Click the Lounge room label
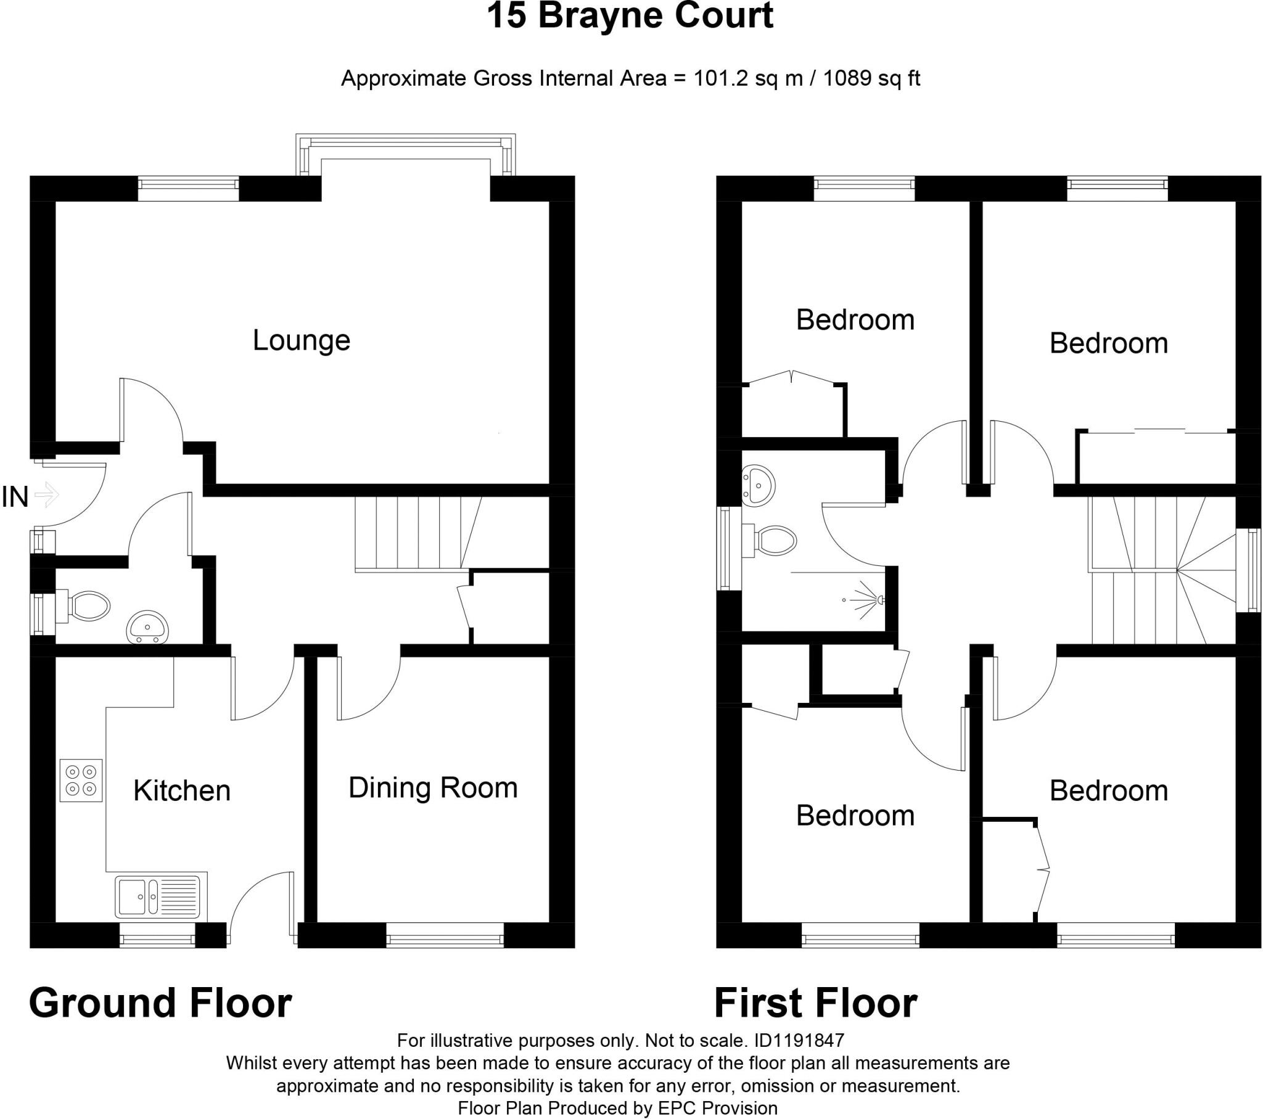(x=302, y=340)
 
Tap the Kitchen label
(x=182, y=791)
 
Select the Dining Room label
(x=432, y=788)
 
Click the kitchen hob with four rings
(x=81, y=781)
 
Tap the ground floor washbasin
(x=147, y=628)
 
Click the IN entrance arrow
(x=47, y=494)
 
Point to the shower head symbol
(x=878, y=599)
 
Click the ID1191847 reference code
(x=800, y=1041)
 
